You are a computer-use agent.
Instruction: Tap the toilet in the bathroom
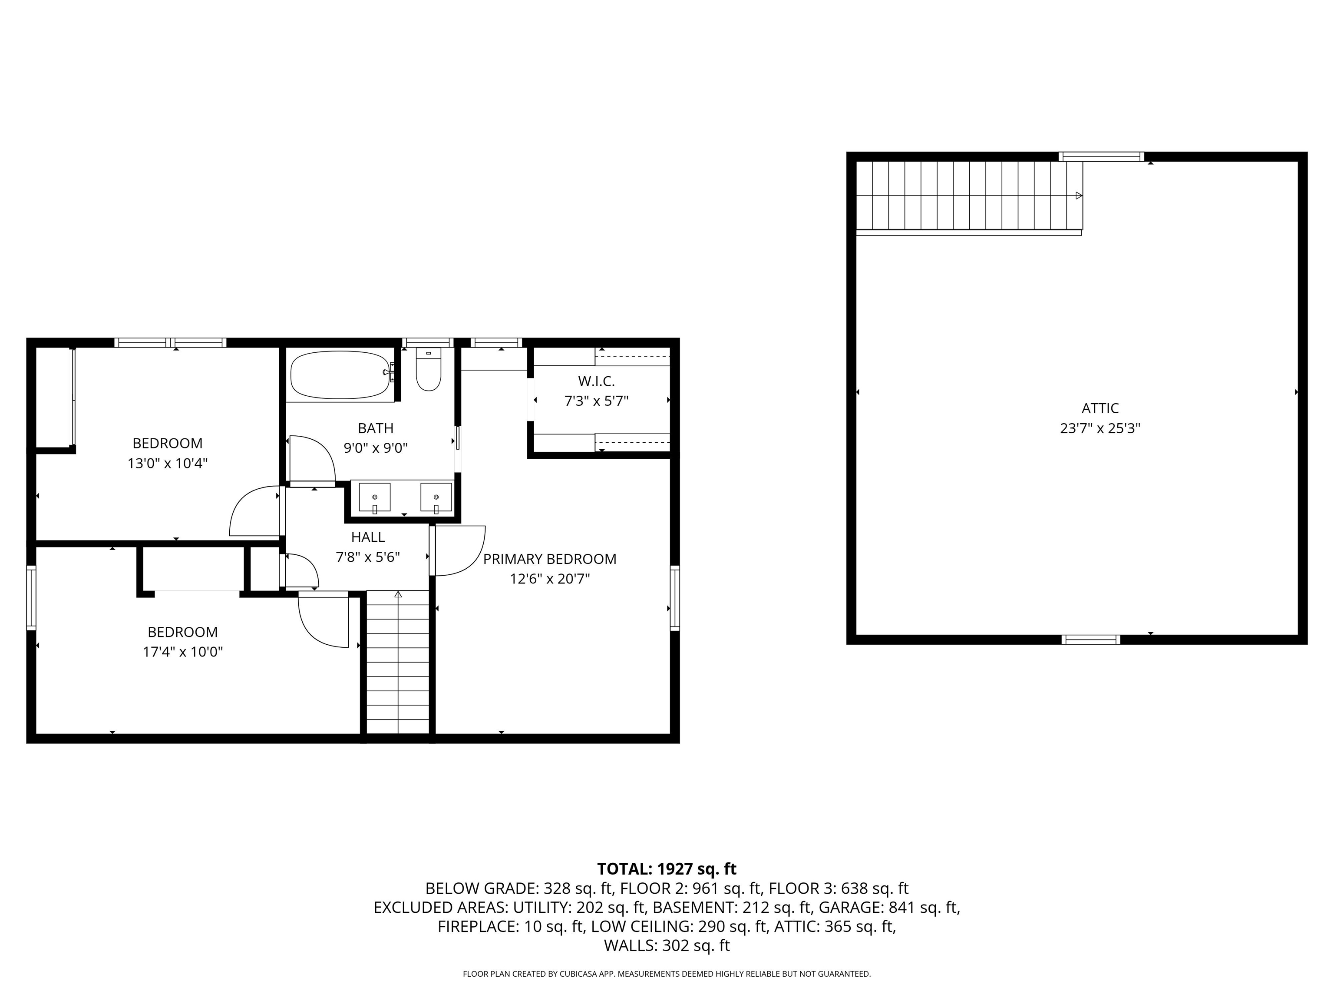[428, 369]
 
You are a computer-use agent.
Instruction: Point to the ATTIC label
[1100, 408]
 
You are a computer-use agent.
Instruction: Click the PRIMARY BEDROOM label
[549, 559]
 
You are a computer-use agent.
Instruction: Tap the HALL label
[368, 537]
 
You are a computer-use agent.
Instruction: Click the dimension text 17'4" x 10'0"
[183, 652]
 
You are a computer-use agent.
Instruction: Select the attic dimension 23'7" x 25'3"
[1100, 428]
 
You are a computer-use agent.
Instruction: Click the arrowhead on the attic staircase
[1079, 196]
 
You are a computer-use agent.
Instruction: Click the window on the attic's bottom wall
[1090, 640]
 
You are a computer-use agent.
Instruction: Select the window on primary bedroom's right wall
[675, 598]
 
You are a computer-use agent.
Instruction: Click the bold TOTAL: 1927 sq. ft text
[667, 869]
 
